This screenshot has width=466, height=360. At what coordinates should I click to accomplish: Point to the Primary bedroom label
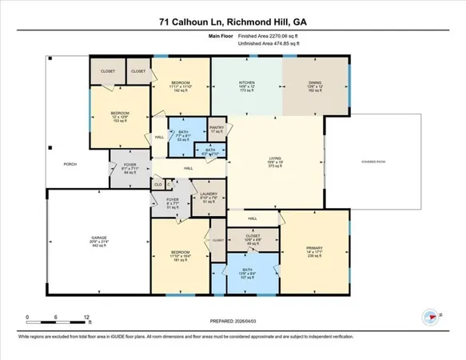tap(313, 248)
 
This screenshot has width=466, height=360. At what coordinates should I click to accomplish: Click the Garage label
tap(98, 239)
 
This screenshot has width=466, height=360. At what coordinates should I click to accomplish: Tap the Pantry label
tap(216, 127)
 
